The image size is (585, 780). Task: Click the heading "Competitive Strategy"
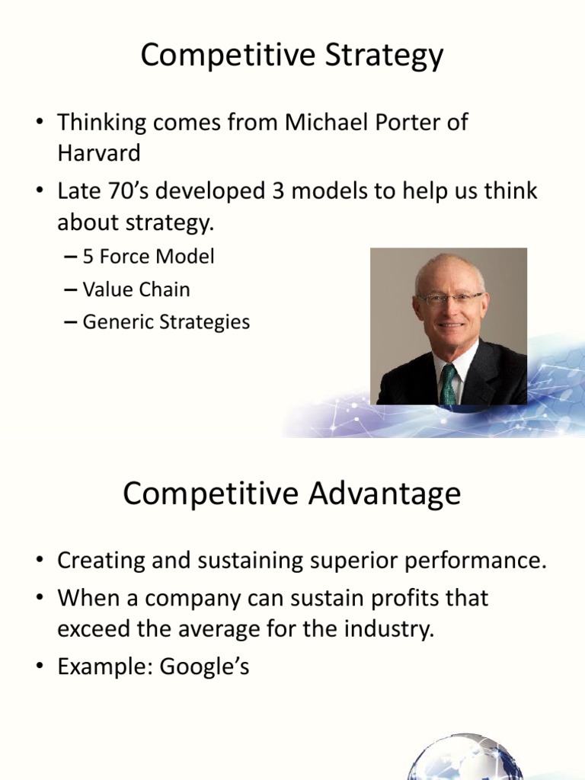(x=292, y=56)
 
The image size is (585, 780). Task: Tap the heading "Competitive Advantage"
(x=292, y=494)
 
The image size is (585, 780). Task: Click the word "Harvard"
(x=99, y=153)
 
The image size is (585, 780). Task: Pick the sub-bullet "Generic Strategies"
(x=165, y=322)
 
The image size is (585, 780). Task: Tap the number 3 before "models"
(x=278, y=190)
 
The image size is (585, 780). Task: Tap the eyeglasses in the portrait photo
(x=450, y=299)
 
